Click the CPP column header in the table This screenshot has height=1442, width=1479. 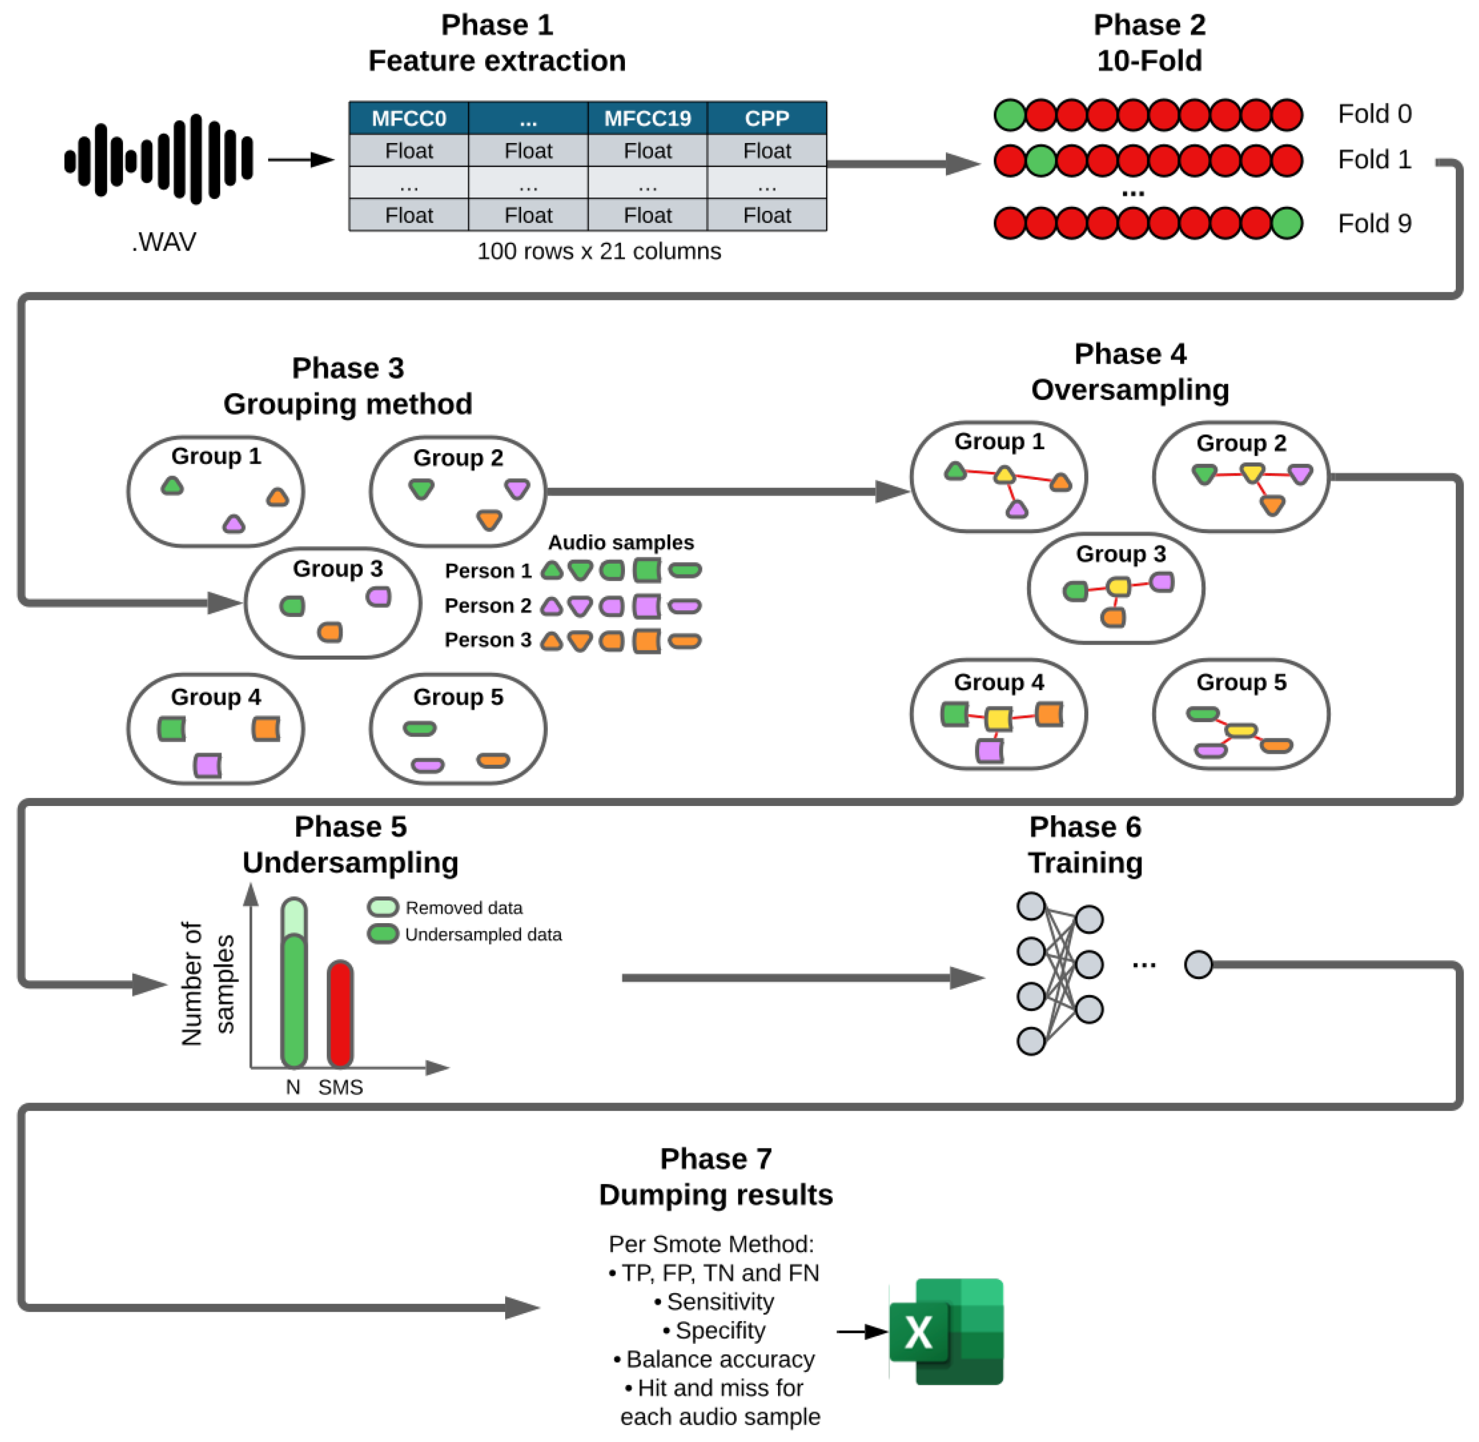pos(766,118)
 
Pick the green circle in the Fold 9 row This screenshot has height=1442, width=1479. pos(1287,223)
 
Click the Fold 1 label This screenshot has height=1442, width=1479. pos(1374,160)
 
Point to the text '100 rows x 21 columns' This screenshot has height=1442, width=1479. pos(598,251)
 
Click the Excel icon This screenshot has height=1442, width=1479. pos(946,1332)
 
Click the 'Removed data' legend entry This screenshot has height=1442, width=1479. pos(463,907)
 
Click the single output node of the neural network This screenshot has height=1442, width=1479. pos(1198,964)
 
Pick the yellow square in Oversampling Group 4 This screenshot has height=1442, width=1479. pos(998,718)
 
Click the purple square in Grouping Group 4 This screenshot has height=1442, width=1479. pos(207,765)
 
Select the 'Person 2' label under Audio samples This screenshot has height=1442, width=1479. pos(488,606)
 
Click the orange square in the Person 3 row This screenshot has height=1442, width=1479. pos(646,641)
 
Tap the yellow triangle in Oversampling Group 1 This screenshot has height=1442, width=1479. pos(1004,475)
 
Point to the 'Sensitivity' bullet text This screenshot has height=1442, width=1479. pos(719,1302)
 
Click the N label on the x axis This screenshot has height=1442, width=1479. pos(292,1087)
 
